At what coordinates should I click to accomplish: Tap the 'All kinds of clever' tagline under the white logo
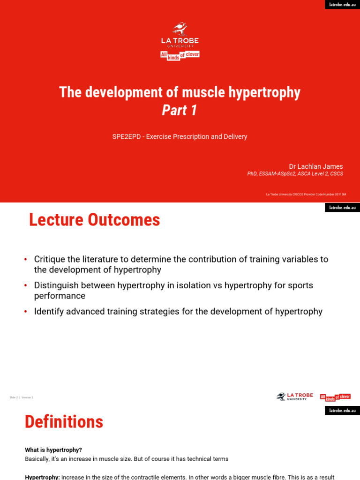point(180,55)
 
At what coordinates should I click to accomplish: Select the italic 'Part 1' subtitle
point(180,110)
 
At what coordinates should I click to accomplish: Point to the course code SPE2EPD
point(127,137)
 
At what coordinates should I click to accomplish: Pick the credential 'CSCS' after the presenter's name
point(336,174)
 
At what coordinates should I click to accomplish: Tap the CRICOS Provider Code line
point(306,194)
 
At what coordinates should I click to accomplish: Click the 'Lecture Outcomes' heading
point(94,220)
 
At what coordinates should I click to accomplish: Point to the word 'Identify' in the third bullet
point(48,312)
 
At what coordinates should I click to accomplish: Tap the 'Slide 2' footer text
point(13,397)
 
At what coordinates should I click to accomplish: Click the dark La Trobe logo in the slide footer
point(294,397)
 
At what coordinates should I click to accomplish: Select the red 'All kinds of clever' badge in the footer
point(335,397)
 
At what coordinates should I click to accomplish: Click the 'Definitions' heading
point(64,422)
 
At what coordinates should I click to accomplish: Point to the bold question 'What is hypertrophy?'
point(53,450)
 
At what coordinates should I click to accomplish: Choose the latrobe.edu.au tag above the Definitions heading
point(342,411)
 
